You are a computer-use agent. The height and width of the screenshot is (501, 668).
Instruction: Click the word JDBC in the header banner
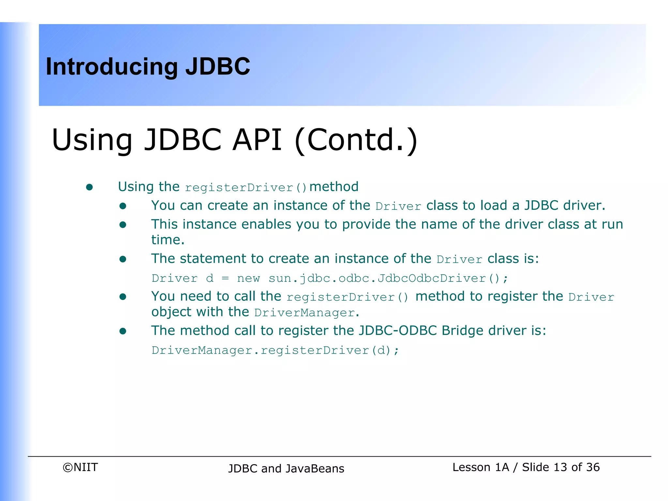[x=218, y=67]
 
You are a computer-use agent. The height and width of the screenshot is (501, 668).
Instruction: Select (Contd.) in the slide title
[x=356, y=140]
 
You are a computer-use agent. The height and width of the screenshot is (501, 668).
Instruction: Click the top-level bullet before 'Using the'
[x=89, y=187]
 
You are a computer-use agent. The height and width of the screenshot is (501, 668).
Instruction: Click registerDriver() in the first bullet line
[x=246, y=188]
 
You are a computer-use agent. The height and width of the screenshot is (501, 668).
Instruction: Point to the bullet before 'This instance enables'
[x=123, y=225]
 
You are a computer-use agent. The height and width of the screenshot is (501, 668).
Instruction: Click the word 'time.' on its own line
[x=168, y=240]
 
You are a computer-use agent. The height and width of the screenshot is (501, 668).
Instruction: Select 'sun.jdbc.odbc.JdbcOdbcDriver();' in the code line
[x=388, y=279]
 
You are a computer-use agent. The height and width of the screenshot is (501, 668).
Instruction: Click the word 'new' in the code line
[x=248, y=279]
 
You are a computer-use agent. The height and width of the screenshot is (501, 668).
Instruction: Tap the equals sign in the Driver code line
[x=225, y=279]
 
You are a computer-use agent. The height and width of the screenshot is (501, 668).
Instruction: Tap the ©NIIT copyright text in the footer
[x=80, y=467]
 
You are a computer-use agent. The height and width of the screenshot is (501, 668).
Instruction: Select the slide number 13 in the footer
[x=560, y=467]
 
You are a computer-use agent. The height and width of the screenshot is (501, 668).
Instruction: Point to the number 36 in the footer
[x=593, y=467]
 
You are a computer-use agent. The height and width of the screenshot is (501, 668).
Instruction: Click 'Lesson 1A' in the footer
[x=480, y=467]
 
